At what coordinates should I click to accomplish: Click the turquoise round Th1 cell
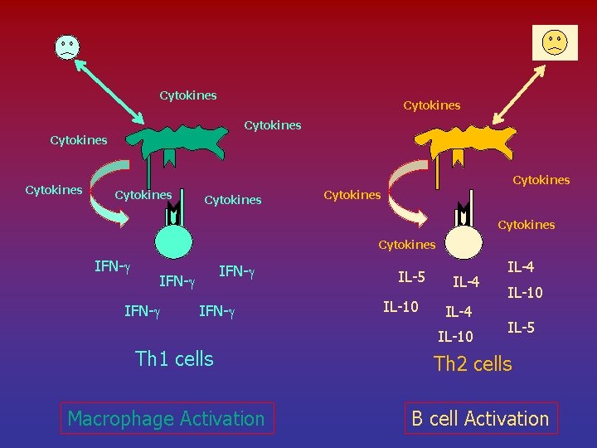tap(173, 244)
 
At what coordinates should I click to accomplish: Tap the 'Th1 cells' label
tap(174, 359)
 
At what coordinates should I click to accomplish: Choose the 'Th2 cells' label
tap(473, 363)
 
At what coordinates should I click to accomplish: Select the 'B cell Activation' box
tap(481, 418)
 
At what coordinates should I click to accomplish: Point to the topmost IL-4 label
tap(521, 267)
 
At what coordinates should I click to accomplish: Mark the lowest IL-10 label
tap(455, 337)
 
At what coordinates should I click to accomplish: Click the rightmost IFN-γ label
tap(236, 270)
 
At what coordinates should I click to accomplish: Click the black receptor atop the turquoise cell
tap(173, 215)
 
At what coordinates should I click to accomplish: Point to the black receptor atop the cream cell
tap(462, 215)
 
